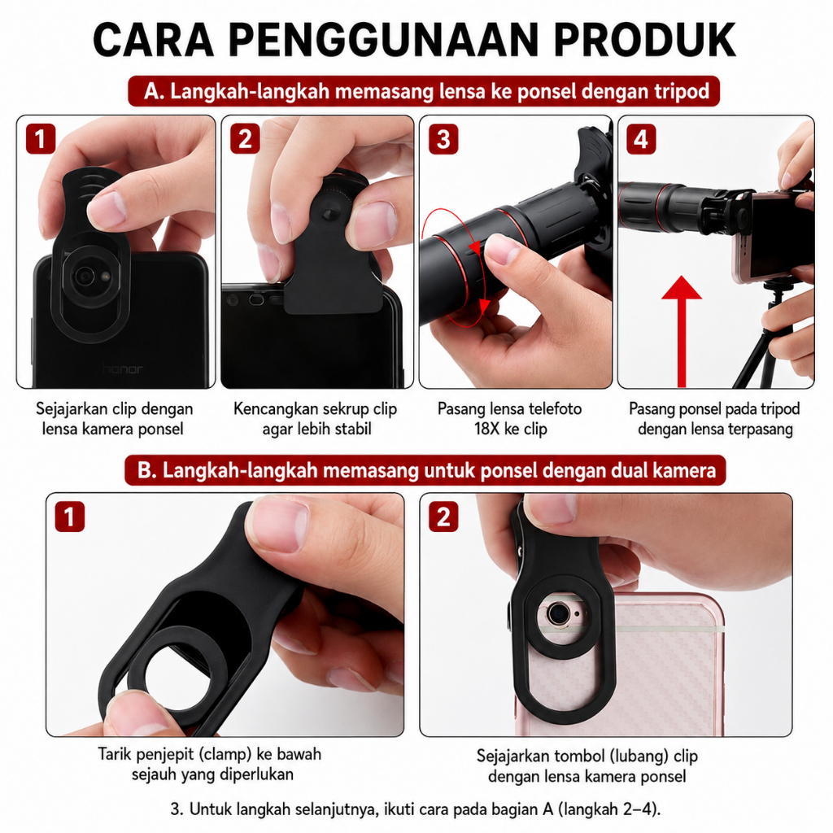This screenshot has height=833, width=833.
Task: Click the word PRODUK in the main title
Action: click(644, 40)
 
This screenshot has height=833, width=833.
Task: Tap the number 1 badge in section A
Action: click(41, 139)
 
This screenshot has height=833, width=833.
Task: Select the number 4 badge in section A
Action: click(641, 139)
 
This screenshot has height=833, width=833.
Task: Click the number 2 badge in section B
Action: click(443, 517)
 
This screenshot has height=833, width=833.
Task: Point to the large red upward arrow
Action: click(682, 332)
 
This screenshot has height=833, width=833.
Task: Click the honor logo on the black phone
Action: click(122, 369)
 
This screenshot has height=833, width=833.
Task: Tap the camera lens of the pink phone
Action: click(557, 615)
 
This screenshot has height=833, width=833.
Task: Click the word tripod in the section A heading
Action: click(683, 91)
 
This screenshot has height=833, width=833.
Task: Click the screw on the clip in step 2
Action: click(329, 214)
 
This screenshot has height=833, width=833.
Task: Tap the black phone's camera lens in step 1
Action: click(84, 276)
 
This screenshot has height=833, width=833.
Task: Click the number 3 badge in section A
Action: click(443, 139)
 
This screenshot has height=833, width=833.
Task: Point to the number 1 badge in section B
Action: click(70, 517)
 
